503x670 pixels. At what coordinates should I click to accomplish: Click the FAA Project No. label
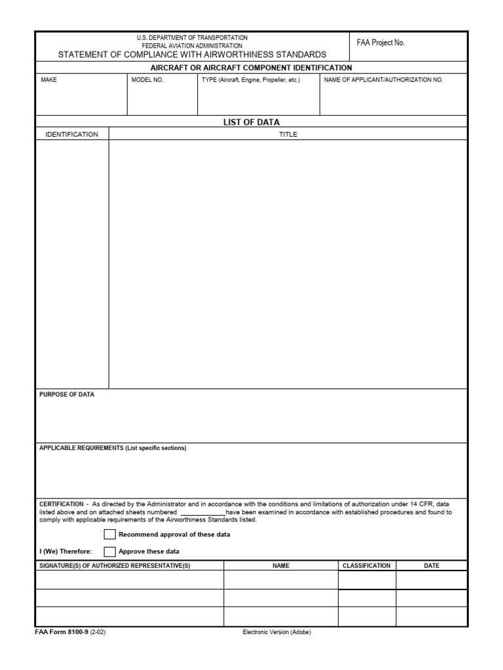pos(381,43)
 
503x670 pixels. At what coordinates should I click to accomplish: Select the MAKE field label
pos(49,80)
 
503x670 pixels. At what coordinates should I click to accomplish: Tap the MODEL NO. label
pos(147,80)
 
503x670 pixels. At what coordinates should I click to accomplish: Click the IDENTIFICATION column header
pos(71,135)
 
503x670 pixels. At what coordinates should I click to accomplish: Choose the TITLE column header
pos(288,135)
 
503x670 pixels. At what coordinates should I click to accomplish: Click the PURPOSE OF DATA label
pos(67,395)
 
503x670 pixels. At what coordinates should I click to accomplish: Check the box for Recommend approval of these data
pos(109,535)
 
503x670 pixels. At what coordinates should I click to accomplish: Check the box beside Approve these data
pos(109,552)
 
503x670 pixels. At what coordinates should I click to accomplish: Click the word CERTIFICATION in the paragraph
pos(62,504)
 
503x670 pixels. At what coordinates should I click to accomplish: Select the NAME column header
pos(281,566)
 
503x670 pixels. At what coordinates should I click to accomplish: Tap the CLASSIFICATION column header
pos(367,566)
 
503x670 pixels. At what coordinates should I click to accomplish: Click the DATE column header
pos(432,566)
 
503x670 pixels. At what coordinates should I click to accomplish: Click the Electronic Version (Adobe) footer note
pos(276,633)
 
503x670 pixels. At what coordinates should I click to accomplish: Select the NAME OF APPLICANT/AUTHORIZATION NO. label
pos(384,80)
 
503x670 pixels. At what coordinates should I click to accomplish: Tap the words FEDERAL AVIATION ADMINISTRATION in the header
pos(192,46)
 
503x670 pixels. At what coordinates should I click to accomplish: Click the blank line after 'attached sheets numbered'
pos(202,513)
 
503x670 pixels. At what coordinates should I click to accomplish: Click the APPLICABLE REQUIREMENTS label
pos(113,448)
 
